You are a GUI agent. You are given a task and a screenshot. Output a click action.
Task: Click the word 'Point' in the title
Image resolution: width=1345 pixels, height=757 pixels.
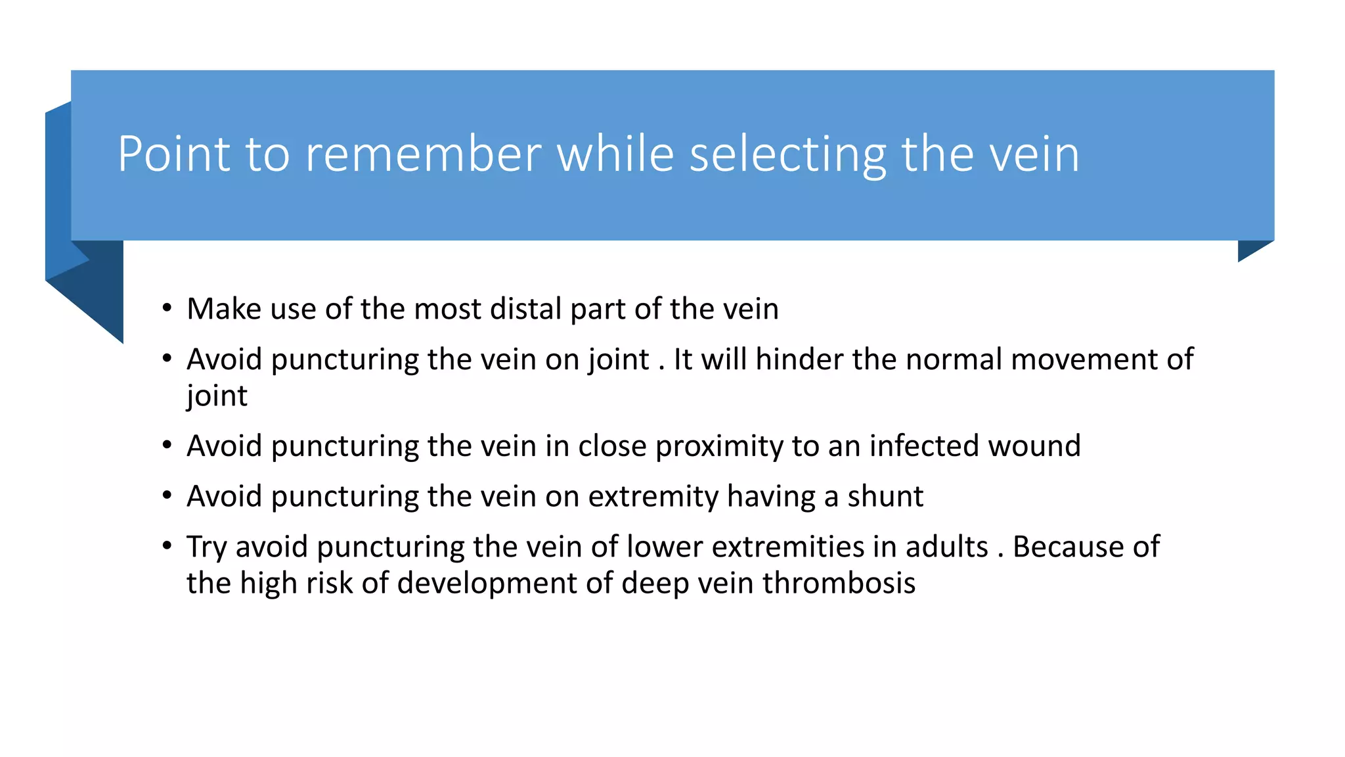174,154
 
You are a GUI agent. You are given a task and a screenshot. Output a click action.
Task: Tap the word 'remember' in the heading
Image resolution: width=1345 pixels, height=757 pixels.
423,154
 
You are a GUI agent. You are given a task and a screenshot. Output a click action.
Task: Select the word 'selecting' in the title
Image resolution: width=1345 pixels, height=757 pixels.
787,154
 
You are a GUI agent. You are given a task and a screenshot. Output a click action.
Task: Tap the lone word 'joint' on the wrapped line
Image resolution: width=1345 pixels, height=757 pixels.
217,396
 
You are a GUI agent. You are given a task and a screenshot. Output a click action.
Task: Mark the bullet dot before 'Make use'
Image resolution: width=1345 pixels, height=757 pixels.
167,308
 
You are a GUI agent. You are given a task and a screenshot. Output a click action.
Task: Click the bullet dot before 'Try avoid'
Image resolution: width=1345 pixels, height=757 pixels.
167,545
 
